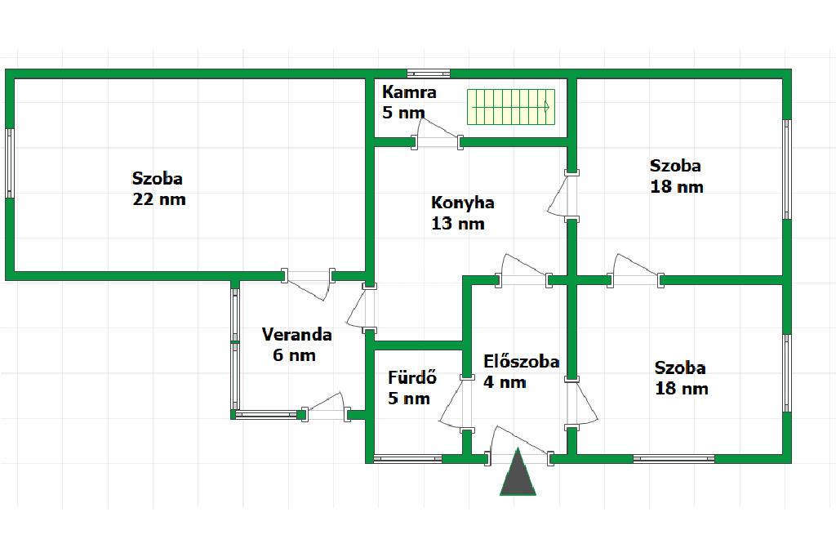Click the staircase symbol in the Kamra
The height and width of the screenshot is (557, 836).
(511, 107)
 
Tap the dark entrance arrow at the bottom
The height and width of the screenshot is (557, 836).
(518, 474)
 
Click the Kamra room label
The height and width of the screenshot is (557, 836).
(409, 92)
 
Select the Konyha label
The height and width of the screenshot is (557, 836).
(462, 203)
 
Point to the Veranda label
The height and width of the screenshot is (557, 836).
(296, 334)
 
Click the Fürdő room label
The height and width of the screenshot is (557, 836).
(412, 377)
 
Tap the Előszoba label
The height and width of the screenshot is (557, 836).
(521, 361)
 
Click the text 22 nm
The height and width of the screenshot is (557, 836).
(159, 199)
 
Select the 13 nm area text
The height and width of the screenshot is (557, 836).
(458, 224)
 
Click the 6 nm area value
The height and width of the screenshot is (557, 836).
(293, 355)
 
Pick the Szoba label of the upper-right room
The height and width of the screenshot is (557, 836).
(675, 166)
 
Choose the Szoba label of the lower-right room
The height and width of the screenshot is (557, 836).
(680, 368)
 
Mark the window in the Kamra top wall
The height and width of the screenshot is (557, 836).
(428, 74)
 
